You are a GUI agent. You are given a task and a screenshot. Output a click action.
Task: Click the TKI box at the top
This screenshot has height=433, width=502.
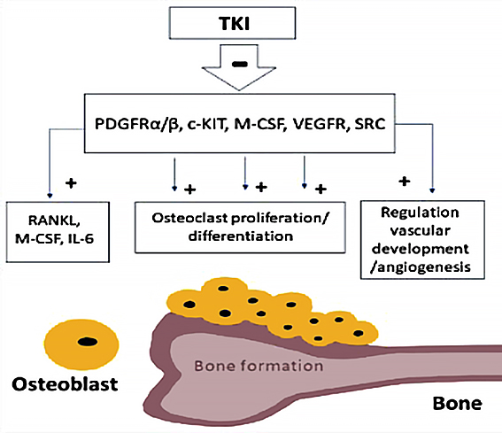[x=232, y=23]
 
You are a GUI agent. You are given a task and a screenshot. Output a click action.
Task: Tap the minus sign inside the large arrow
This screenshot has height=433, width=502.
[x=240, y=65]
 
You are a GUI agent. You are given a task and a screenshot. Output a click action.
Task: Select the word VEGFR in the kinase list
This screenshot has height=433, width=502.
[x=320, y=124]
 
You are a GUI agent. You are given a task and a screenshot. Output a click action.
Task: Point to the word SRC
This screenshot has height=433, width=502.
[x=370, y=124]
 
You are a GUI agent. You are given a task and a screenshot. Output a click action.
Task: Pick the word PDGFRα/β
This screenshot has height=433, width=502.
[x=136, y=124]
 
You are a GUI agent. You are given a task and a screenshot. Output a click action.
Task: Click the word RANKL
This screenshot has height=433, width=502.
[x=54, y=220]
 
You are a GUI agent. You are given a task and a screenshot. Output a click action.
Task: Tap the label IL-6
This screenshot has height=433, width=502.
[x=81, y=239]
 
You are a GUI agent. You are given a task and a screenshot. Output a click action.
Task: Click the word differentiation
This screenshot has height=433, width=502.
[x=241, y=236]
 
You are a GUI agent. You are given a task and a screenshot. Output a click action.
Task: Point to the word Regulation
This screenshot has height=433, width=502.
[x=420, y=213]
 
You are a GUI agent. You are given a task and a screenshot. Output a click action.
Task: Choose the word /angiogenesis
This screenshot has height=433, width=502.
[x=421, y=267]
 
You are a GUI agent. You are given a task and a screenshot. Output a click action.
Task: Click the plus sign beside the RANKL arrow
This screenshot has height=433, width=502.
[x=71, y=183]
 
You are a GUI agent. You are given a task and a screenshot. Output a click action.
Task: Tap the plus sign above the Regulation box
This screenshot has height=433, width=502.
[x=405, y=182]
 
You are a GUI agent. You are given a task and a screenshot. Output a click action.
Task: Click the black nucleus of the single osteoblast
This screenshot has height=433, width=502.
[x=88, y=342]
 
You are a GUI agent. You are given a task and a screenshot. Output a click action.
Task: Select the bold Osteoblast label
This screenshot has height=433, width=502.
[x=65, y=384]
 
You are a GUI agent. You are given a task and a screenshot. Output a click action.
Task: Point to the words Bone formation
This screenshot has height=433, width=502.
[x=259, y=366]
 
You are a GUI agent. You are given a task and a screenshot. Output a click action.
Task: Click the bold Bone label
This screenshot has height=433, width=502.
[x=457, y=403]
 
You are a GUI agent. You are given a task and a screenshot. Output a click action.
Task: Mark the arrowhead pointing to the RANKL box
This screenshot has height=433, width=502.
[x=50, y=195]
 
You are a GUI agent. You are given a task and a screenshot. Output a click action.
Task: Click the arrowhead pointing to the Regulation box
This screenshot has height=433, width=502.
[x=432, y=190]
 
